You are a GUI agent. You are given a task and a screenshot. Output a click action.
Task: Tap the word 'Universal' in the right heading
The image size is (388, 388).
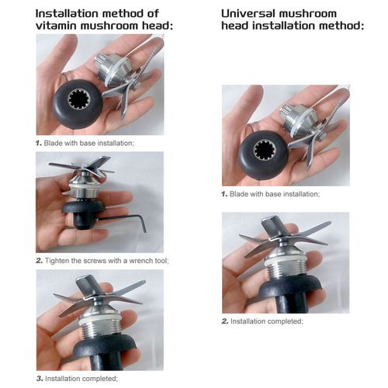point(248,13)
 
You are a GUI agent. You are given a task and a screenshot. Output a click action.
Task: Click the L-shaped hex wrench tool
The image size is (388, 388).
point(122,220)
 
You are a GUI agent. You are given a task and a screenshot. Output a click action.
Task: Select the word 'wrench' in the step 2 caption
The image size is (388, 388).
point(140,261)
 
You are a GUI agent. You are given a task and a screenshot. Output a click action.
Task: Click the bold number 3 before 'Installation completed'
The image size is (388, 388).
point(40,379)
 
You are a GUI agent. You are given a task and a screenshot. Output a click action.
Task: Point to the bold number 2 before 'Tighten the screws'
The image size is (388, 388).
point(40,261)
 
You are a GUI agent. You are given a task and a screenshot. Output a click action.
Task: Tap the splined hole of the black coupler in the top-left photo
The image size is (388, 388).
point(79,100)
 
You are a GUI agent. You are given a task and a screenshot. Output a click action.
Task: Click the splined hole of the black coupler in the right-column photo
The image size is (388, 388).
point(265,151)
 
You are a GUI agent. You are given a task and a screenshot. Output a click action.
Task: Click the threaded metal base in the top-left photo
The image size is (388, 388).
point(111,69)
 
